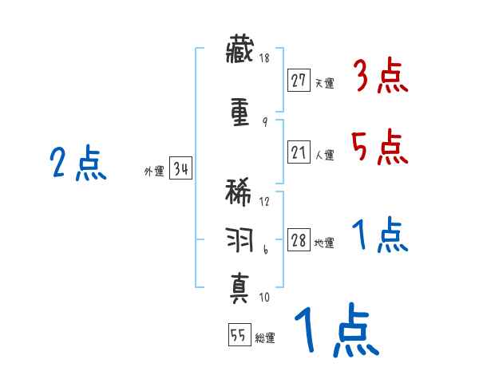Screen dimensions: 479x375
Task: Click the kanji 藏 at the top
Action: point(240,53)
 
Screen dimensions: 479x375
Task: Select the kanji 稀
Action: point(240,194)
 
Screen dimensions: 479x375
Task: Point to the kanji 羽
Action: point(240,239)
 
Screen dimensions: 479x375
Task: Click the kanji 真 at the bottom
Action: point(240,285)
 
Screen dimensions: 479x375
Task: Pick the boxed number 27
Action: point(299,81)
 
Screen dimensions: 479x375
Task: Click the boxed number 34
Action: point(180,169)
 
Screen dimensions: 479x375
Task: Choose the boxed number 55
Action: point(238,337)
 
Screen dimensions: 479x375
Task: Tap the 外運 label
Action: point(153,171)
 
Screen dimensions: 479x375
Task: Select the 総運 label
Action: point(264,338)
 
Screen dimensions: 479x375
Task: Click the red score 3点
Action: point(380,77)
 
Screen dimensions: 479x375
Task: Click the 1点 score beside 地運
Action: point(380,236)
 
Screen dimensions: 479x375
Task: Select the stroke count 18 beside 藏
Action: point(264,59)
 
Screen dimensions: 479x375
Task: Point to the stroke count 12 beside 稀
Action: point(264,201)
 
